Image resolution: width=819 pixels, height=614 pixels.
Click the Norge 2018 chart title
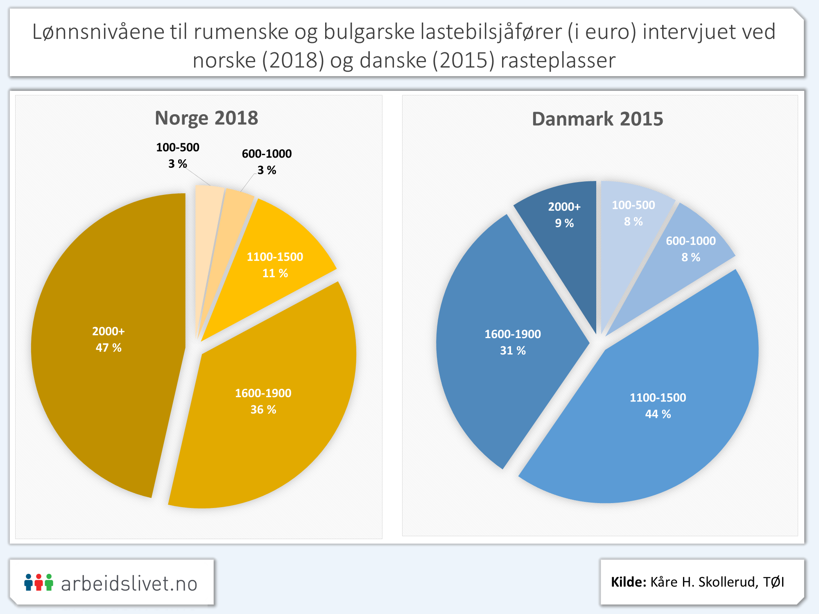(206, 118)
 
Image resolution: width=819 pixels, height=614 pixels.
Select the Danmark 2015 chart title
(597, 119)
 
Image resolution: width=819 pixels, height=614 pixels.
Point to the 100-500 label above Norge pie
(178, 148)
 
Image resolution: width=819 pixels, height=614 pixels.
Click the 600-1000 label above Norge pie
(267, 154)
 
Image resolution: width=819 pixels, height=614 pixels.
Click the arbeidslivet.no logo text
(129, 584)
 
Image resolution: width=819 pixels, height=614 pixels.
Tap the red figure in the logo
(38, 582)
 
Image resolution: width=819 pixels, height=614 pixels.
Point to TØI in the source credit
(774, 582)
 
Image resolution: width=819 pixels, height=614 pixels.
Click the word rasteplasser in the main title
(558, 61)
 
